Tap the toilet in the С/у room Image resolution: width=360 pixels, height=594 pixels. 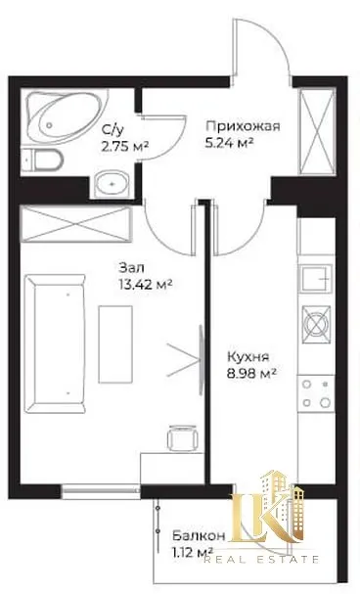(41, 161)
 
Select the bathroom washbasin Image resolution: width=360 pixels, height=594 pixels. (112, 184)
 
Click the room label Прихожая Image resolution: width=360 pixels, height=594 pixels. (244, 126)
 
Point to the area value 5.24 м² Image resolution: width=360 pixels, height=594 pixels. (229, 143)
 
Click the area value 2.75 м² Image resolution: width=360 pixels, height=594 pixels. (124, 146)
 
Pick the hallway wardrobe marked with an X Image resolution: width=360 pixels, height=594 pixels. (317, 131)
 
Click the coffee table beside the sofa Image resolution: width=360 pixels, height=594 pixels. (115, 344)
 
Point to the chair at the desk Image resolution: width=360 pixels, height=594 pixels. (183, 438)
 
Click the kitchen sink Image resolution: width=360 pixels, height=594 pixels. (316, 279)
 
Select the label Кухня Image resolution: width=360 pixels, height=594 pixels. (247, 357)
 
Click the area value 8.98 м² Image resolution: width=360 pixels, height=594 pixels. (250, 374)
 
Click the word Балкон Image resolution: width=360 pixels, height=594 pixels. (200, 536)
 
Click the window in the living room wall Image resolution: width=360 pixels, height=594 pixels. (101, 490)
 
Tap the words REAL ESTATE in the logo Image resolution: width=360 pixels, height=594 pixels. (261, 559)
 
